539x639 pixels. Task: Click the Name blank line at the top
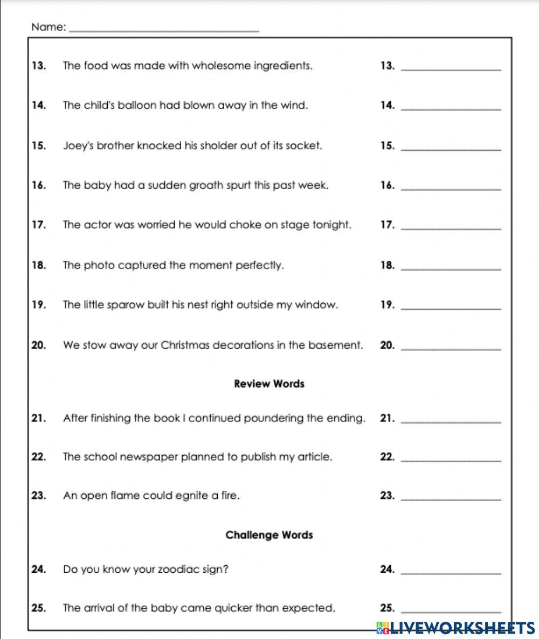point(164,29)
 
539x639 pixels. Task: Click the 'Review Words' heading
point(269,384)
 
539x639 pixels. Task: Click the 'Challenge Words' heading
point(269,535)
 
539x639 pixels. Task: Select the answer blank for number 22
point(452,460)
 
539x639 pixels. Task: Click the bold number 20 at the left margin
point(38,345)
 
